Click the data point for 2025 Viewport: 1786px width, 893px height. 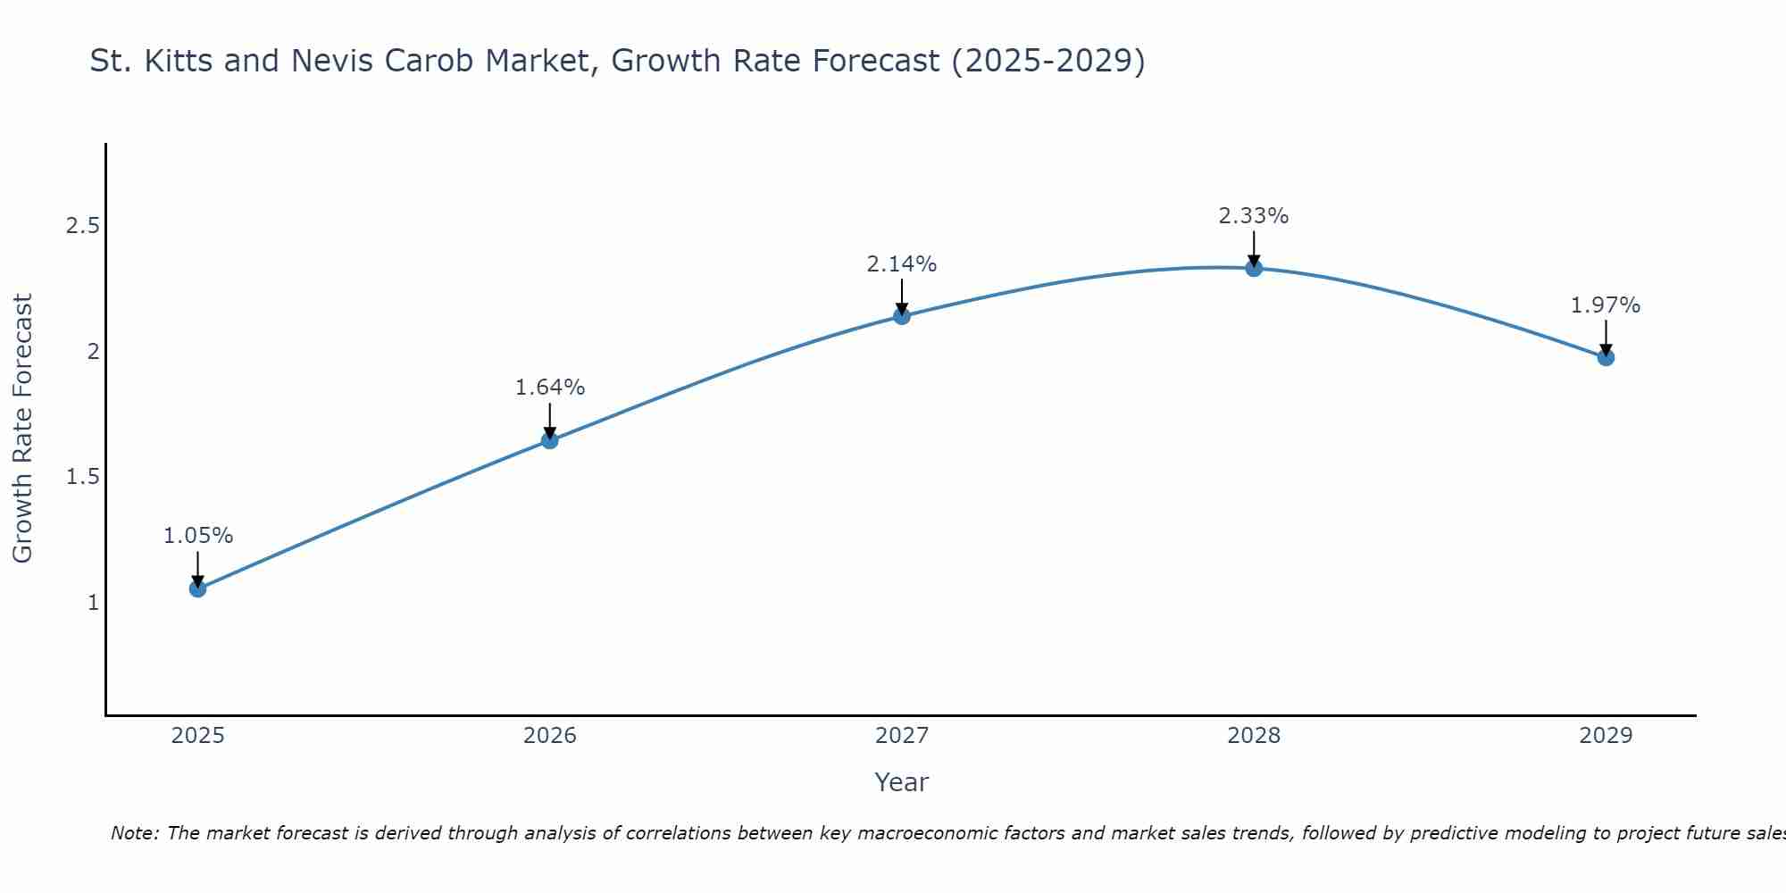tap(197, 588)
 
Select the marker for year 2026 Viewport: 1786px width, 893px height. tap(549, 440)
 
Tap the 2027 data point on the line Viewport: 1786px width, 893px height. tap(902, 315)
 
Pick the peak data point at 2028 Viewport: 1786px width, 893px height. tap(1254, 268)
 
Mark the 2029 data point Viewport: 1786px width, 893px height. tap(1606, 357)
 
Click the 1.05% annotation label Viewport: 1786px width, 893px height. tap(197, 536)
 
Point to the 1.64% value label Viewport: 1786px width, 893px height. tap(549, 388)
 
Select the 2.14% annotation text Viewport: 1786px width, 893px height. tap(902, 264)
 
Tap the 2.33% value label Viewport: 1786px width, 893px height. tap(1254, 216)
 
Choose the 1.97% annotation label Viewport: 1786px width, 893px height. tap(1606, 305)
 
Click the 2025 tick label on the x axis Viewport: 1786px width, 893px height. tap(197, 736)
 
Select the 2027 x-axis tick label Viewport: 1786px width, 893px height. tap(902, 736)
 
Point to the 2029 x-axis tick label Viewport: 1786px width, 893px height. tap(1606, 736)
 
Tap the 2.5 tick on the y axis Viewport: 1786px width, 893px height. tap(82, 226)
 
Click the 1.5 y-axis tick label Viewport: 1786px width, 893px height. tap(82, 477)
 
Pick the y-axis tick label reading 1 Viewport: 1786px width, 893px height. tap(93, 603)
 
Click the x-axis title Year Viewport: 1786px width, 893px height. tap(902, 782)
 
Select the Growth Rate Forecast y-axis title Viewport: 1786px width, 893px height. tap(22, 429)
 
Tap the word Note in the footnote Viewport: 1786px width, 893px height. tap(134, 833)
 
